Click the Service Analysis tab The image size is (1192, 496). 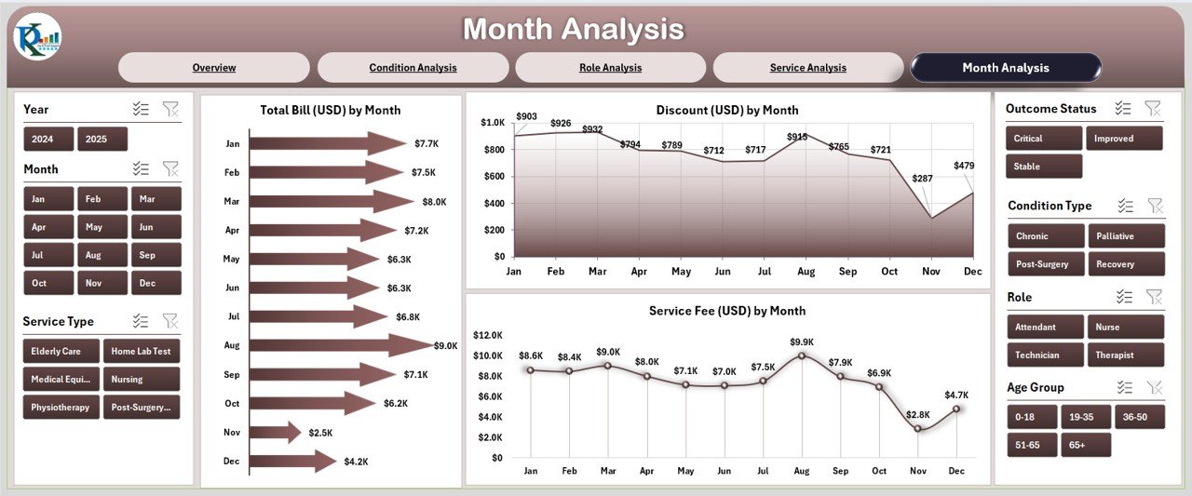tap(807, 67)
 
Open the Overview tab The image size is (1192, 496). tap(214, 67)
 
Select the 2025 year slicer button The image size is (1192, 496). tap(102, 139)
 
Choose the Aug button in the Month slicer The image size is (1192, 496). tap(93, 255)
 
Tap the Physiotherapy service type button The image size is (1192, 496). tap(61, 407)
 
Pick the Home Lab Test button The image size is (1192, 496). tap(142, 351)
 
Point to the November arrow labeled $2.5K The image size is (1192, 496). tap(275, 432)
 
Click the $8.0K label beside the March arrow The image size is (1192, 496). tap(434, 201)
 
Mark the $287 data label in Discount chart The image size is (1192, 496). tap(922, 178)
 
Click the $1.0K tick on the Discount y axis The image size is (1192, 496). tap(493, 122)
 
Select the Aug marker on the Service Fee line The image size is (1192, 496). tap(801, 355)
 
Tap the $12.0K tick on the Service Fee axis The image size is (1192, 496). tap(488, 335)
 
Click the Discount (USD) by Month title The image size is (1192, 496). tap(727, 110)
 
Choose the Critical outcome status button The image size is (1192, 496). tap(1043, 139)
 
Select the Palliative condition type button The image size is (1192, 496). tap(1126, 236)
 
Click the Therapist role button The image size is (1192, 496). tap(1126, 355)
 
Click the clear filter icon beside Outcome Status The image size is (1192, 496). tap(1153, 109)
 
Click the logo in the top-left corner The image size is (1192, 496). tap(38, 37)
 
